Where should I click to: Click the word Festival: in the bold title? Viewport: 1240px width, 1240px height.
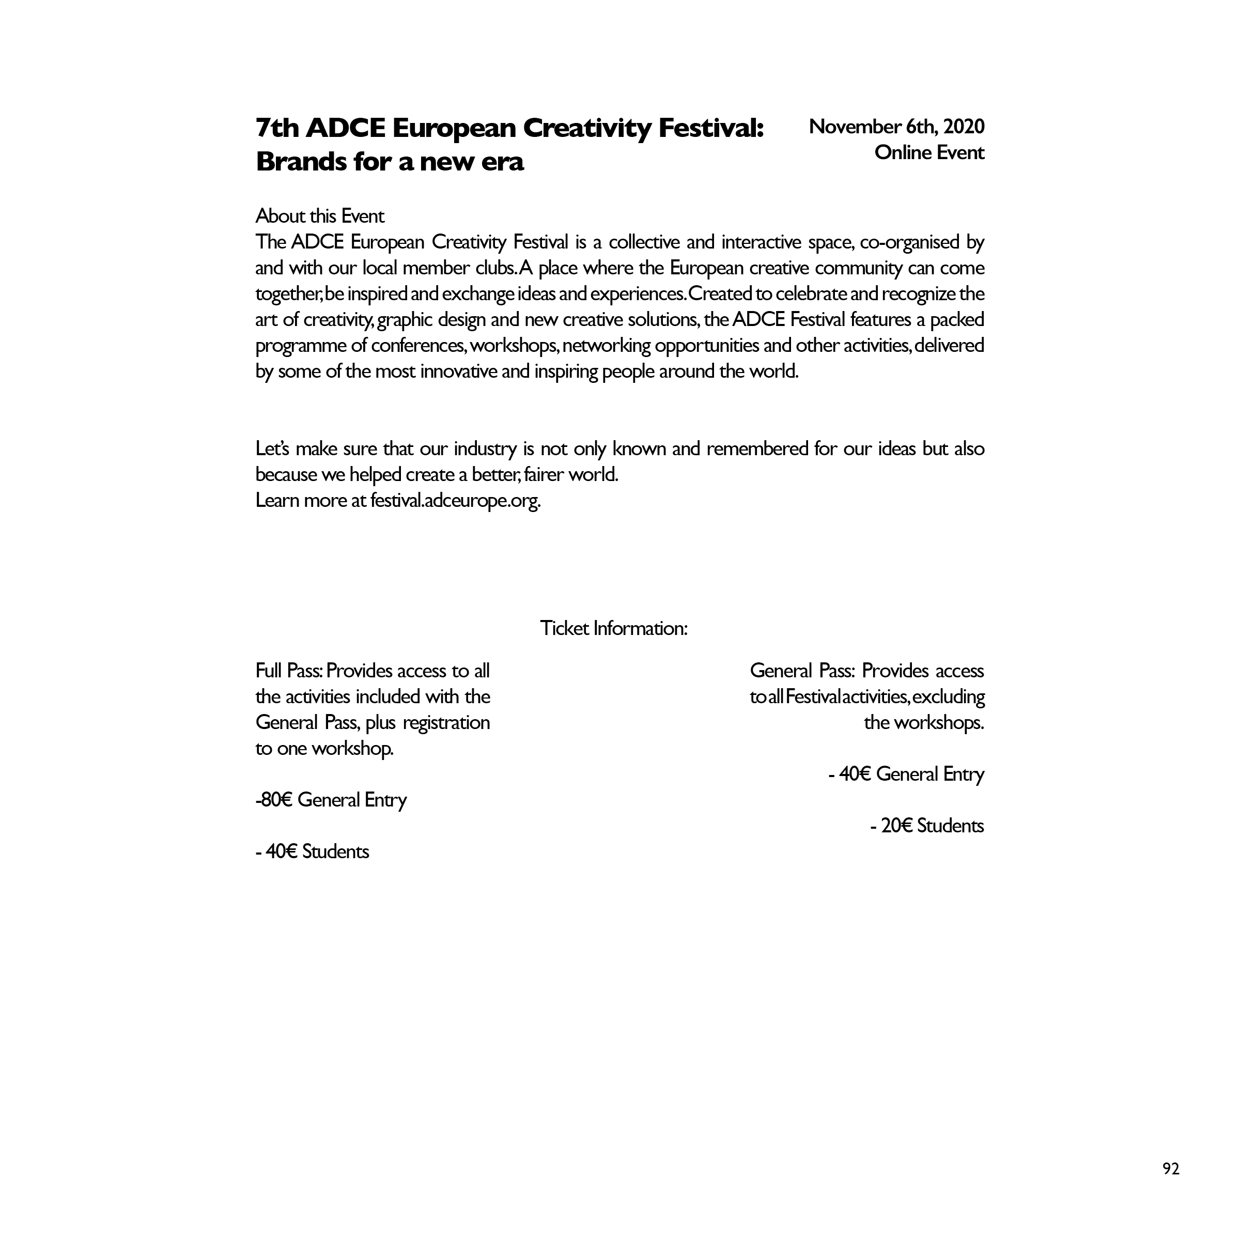coord(711,128)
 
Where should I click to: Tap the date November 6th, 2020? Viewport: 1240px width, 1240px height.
coord(896,127)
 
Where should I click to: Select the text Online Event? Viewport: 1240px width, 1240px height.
coord(929,153)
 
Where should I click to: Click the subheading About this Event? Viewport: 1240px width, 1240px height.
coord(320,216)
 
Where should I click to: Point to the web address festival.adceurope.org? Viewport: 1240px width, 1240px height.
coord(455,500)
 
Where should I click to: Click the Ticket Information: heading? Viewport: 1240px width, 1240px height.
coord(614,628)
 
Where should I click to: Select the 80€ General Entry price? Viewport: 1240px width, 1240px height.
coord(332,800)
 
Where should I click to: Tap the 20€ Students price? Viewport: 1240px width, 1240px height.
coord(927,826)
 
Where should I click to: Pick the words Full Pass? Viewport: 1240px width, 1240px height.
coord(289,671)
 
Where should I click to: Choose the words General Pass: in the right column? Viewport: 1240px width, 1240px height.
coord(802,671)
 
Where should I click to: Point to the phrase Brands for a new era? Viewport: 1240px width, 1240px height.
coord(390,162)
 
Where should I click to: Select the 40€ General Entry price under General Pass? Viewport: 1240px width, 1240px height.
coord(906,774)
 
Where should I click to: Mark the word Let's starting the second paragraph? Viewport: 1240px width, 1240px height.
coord(273,448)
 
